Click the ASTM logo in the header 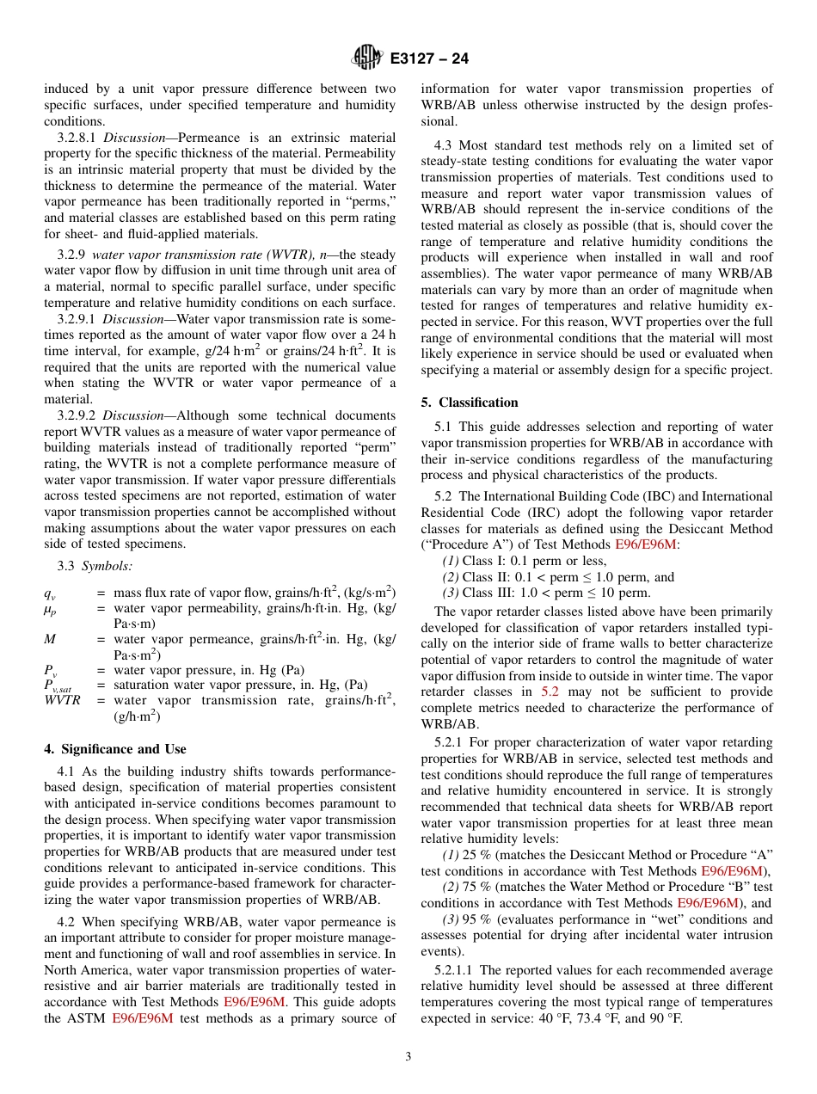tap(368, 58)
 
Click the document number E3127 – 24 tap(429, 58)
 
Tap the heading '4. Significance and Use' tap(115, 749)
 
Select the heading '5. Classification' tap(470, 403)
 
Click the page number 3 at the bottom tap(408, 1057)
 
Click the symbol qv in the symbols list tap(50, 593)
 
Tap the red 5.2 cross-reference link tap(550, 691)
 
